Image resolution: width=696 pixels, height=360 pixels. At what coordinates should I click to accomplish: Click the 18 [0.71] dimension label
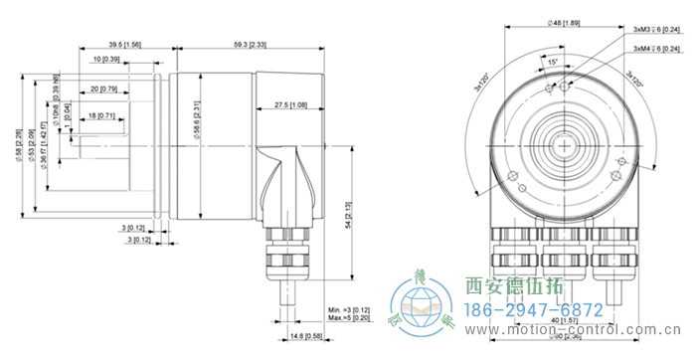click(x=102, y=116)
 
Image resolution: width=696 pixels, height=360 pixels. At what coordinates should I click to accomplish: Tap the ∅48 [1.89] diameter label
click(x=564, y=23)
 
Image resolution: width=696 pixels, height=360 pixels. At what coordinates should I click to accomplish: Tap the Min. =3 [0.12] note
click(x=347, y=310)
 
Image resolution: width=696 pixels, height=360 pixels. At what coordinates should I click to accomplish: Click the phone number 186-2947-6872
click(x=534, y=309)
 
